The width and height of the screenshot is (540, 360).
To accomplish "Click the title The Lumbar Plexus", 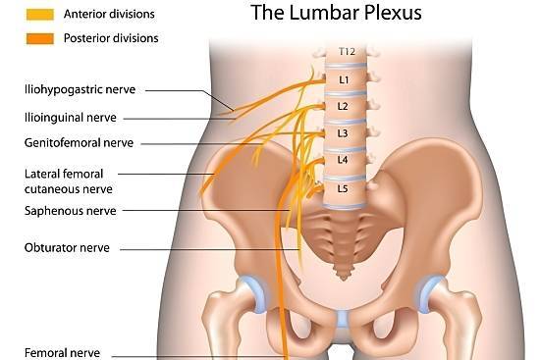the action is click(x=336, y=13).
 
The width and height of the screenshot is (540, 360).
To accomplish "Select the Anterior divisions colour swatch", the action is click(x=40, y=15).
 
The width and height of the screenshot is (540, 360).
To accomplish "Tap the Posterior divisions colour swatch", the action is click(x=40, y=38).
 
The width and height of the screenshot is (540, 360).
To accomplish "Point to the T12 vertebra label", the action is click(x=347, y=52).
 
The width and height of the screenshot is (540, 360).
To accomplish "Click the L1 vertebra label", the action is click(x=344, y=79).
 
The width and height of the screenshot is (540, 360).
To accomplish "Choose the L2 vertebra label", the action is click(x=343, y=106).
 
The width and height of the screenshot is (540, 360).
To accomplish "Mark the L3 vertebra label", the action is click(x=343, y=133).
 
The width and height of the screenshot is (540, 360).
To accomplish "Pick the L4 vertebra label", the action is click(x=343, y=160).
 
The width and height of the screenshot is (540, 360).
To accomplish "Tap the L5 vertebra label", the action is click(x=343, y=188).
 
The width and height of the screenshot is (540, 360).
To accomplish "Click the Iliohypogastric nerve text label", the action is click(x=80, y=90).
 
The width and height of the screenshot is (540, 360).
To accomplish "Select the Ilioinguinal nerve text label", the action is click(x=71, y=118).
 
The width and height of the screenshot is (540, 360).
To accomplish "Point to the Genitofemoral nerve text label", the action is click(x=79, y=143).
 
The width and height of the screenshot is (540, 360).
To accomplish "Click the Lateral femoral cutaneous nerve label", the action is click(x=69, y=181).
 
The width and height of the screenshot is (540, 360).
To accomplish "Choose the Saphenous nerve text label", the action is click(x=71, y=211).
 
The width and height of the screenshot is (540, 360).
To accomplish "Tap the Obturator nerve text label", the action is click(x=67, y=248).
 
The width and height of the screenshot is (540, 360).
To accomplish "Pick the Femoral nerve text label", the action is click(x=62, y=353).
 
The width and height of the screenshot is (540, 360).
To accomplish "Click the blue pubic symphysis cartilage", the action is click(x=342, y=320).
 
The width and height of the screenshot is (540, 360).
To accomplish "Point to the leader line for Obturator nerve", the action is click(x=210, y=249).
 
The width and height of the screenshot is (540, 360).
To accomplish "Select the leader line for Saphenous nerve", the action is click(x=206, y=210).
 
